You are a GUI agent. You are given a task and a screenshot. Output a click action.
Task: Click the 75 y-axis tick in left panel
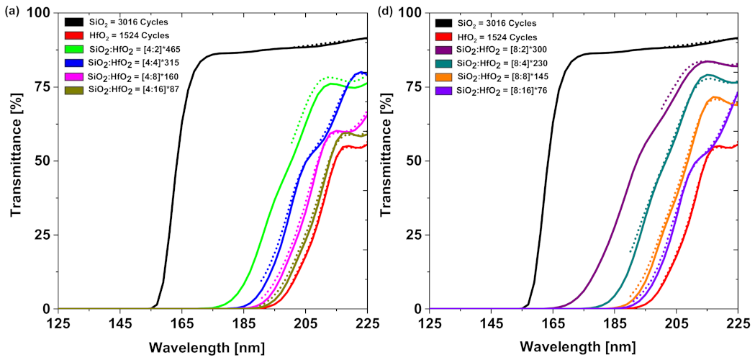pyautogui.click(x=40, y=87)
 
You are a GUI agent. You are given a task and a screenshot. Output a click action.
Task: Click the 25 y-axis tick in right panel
pyautogui.click(x=410, y=235)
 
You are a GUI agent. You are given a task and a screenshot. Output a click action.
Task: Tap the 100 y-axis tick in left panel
pyautogui.click(x=37, y=13)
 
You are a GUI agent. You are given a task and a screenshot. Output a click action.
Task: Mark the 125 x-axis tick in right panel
pyautogui.click(x=430, y=325)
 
